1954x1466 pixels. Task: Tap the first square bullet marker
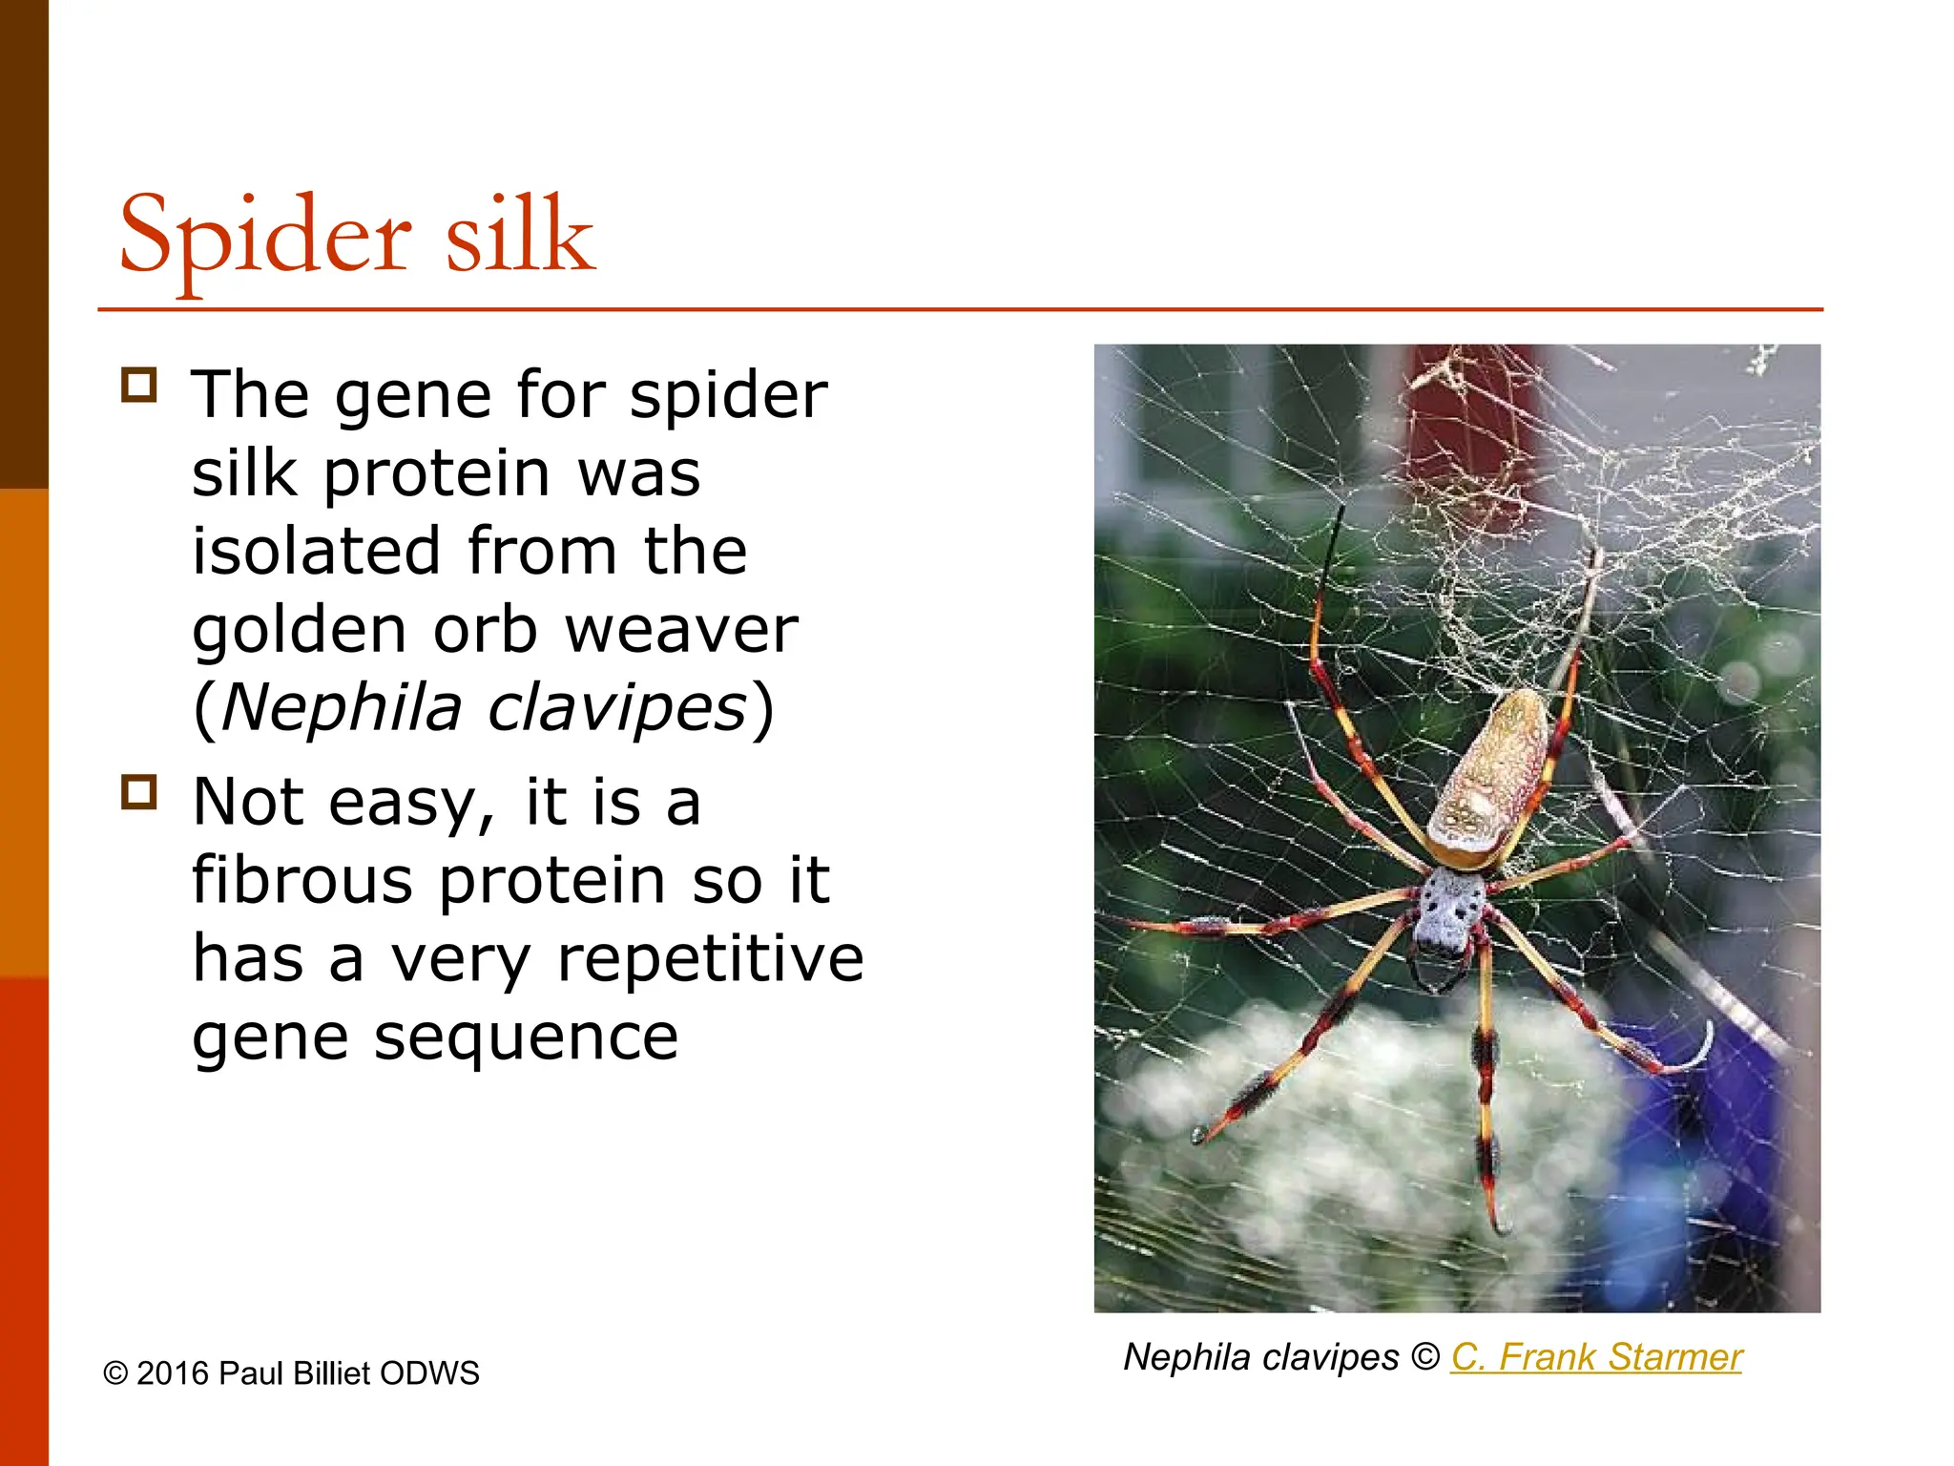tap(139, 386)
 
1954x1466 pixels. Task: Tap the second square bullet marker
tap(139, 792)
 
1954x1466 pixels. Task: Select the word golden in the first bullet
tap(299, 632)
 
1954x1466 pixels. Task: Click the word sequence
tap(526, 1037)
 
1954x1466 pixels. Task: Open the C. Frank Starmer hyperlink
tap(1595, 1357)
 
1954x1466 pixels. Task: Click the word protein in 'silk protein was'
tap(437, 474)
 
